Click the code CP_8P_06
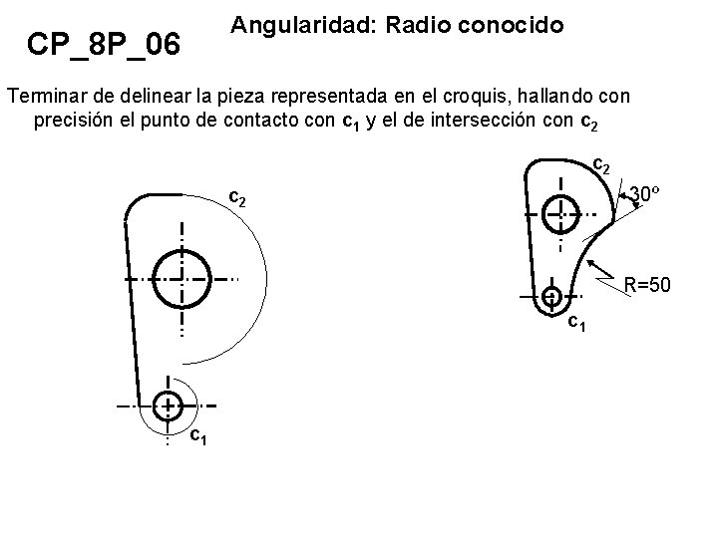(104, 44)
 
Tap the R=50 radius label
(647, 287)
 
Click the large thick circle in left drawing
(182, 278)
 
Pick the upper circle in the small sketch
(560, 212)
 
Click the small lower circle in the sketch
(550, 296)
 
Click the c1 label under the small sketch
(576, 323)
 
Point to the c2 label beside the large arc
(238, 197)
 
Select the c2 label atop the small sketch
(601, 162)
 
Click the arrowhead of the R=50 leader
(593, 264)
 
